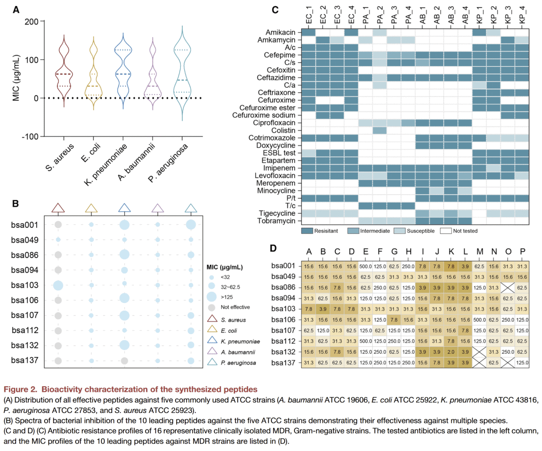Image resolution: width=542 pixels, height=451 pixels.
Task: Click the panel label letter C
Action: (275, 10)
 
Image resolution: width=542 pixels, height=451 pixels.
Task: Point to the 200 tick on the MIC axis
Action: (31, 22)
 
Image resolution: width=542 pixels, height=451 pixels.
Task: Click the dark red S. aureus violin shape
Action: (64, 70)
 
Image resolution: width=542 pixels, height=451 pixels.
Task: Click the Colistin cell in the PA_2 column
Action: (379, 130)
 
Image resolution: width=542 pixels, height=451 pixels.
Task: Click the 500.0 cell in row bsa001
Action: (366, 265)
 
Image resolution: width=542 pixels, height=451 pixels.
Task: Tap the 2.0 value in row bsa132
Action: (451, 352)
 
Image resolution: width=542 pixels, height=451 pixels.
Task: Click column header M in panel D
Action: (479, 251)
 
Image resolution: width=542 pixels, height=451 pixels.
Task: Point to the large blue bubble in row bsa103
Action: (58, 285)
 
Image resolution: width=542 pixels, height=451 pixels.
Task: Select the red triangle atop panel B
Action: (58, 208)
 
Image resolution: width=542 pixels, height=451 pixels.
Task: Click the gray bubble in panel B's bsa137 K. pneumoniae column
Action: (124, 361)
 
